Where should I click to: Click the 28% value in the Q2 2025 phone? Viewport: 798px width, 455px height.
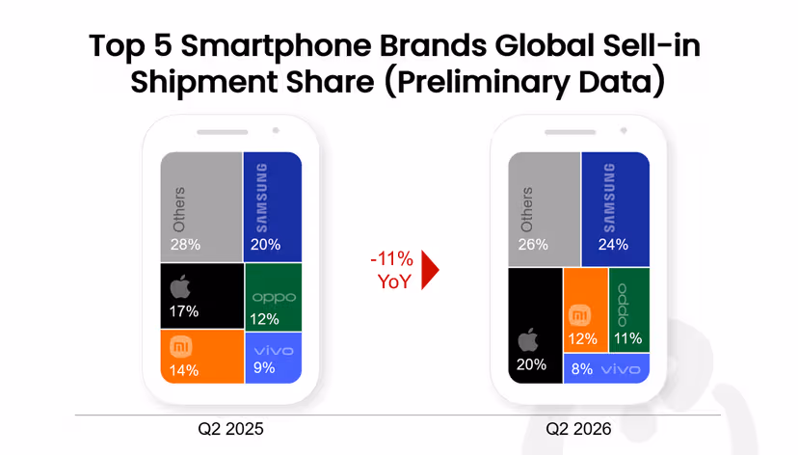(185, 245)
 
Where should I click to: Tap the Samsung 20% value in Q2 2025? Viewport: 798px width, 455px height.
(265, 245)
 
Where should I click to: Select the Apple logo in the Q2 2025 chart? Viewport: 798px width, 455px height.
(180, 286)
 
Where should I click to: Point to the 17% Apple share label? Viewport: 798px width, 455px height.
(184, 311)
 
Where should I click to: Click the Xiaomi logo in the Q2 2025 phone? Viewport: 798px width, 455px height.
(180, 348)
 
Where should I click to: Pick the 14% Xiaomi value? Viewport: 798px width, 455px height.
(184, 370)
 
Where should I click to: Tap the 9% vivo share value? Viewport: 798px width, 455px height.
(264, 367)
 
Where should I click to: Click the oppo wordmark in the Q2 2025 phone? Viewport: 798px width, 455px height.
(274, 298)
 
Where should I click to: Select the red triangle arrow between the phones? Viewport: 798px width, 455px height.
(430, 270)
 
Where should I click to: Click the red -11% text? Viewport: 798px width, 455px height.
(392, 259)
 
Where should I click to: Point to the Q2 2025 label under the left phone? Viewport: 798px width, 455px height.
(230, 429)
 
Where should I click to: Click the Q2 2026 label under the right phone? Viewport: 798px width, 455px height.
(578, 429)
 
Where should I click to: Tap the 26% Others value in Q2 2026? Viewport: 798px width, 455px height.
(533, 245)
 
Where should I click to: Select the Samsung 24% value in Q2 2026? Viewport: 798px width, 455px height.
(613, 245)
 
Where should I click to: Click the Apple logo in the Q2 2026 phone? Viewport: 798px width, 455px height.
(528, 340)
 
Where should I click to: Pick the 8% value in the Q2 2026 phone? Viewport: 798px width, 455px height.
(582, 369)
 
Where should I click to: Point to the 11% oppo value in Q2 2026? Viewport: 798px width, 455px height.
(627, 338)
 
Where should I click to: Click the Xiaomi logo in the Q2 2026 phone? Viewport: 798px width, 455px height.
(579, 315)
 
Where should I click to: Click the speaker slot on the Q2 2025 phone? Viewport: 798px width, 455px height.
(223, 132)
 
